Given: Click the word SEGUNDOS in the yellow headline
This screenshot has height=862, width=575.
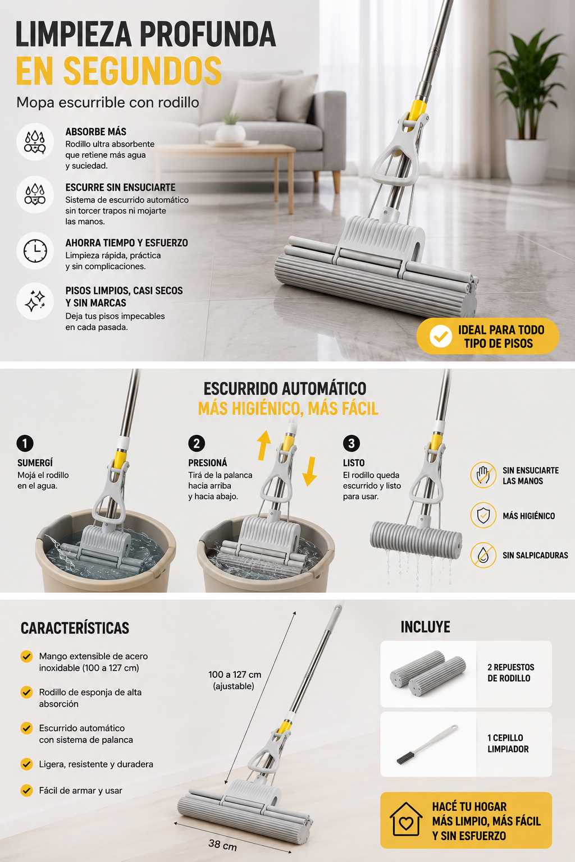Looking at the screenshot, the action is tap(143, 71).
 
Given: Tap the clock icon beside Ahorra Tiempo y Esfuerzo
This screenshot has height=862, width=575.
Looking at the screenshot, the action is tap(35, 251).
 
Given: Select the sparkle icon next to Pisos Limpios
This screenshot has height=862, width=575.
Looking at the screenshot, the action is tap(35, 301).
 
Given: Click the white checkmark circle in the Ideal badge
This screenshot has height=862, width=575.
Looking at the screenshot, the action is tap(441, 336).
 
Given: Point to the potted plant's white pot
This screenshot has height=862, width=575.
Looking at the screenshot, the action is tap(526, 161).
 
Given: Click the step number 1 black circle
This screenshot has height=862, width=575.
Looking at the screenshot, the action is tap(25, 443).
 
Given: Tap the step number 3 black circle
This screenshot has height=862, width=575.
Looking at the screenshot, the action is tap(352, 443).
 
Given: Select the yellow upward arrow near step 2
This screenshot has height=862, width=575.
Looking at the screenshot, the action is tap(264, 445).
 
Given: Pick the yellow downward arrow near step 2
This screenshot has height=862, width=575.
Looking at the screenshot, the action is tap(309, 472).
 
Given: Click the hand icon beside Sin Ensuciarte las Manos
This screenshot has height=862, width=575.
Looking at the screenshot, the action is tap(483, 475).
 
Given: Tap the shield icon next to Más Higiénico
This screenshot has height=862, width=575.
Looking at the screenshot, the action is tap(483, 515).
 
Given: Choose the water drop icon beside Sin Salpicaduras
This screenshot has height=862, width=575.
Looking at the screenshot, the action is tap(483, 555).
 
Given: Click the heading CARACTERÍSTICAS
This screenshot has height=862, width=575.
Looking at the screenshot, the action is tap(75, 629).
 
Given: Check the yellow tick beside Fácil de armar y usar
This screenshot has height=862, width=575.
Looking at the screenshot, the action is tap(26, 790).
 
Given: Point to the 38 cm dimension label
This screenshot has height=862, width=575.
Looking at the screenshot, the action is tap(222, 845).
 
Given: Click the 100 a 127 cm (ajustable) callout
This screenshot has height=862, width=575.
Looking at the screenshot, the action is tap(235, 680).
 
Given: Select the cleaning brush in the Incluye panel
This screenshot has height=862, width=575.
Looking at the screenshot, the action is tap(427, 744).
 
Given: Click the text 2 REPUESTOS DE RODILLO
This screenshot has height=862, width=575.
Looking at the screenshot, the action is tap(510, 673).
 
